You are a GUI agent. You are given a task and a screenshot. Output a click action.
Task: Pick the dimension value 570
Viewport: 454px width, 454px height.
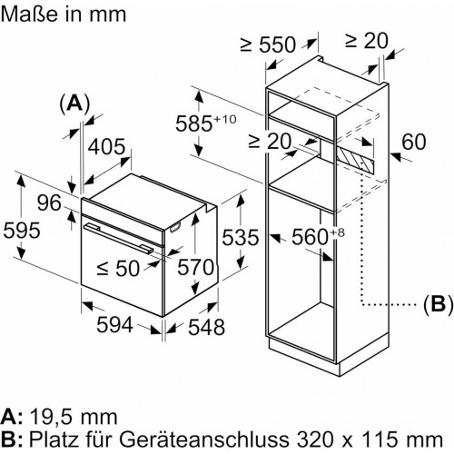(194, 268)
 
